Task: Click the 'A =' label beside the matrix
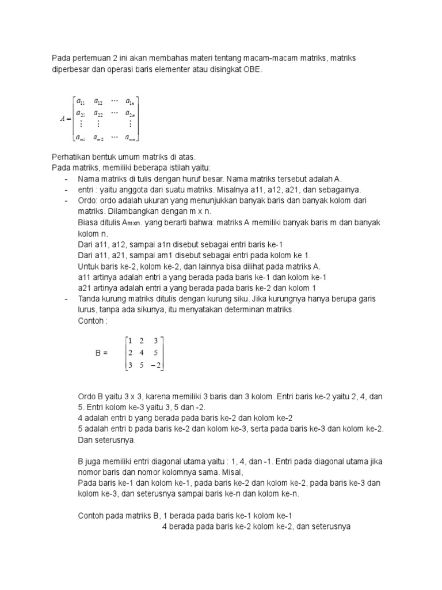click(x=64, y=119)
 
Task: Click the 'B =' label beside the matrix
click(x=101, y=353)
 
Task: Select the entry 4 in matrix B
click(x=141, y=353)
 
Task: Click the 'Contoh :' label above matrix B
click(x=93, y=321)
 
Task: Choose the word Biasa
click(x=87, y=222)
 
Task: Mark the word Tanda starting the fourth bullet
click(x=89, y=299)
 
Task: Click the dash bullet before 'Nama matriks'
click(x=66, y=179)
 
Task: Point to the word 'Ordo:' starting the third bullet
click(x=88, y=201)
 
